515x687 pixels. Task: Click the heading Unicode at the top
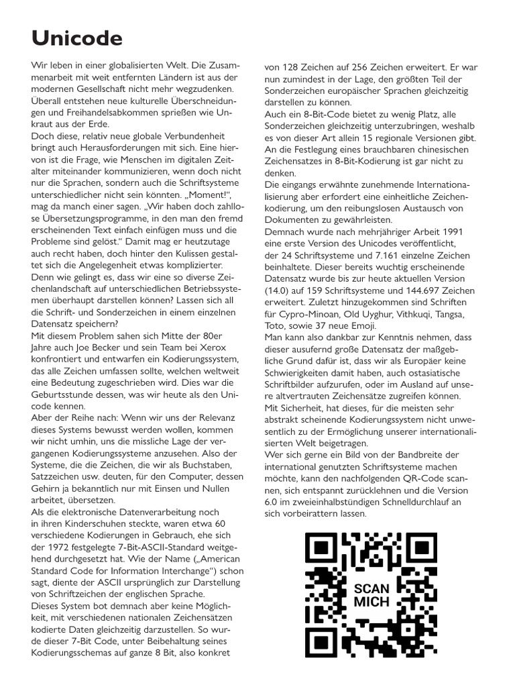pyautogui.click(x=77, y=39)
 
